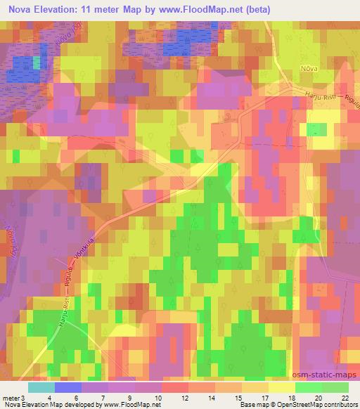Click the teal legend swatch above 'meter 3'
point(41,387)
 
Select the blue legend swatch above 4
point(67,387)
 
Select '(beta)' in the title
point(254,9)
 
